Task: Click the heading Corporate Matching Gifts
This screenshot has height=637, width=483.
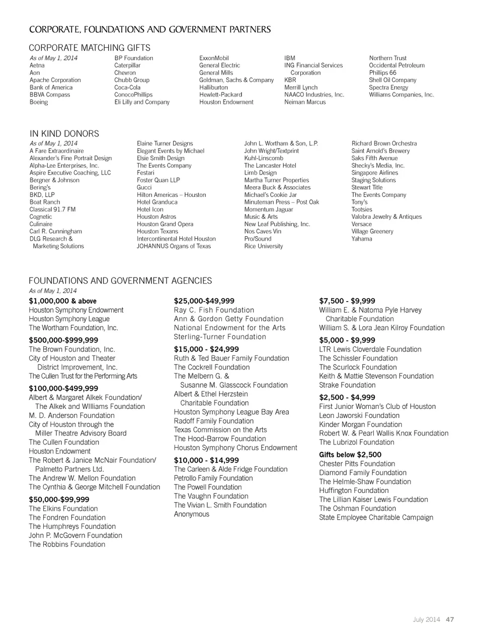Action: [90, 48]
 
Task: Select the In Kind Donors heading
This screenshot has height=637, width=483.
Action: [64, 133]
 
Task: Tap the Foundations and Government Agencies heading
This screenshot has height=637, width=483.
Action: [120, 280]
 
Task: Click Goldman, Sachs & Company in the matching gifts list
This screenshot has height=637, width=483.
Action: [236, 80]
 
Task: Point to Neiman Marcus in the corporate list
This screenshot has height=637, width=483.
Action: [305, 102]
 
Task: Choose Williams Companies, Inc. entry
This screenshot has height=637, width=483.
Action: [401, 95]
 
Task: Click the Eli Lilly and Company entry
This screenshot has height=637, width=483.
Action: [142, 102]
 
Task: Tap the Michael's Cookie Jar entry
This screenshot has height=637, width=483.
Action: [270, 195]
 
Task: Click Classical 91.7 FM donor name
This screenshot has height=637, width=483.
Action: [52, 209]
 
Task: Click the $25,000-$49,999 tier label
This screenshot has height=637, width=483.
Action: [204, 301]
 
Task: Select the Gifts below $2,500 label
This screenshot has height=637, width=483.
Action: [350, 455]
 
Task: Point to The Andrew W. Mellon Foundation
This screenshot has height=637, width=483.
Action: [82, 478]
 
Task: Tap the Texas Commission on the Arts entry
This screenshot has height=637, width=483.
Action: [220, 430]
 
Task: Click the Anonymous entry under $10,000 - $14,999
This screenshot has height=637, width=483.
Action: [191, 514]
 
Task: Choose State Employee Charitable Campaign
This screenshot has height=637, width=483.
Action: [376, 517]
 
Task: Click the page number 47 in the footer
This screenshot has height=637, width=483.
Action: [450, 619]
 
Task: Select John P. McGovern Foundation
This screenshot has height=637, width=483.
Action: [75, 535]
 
